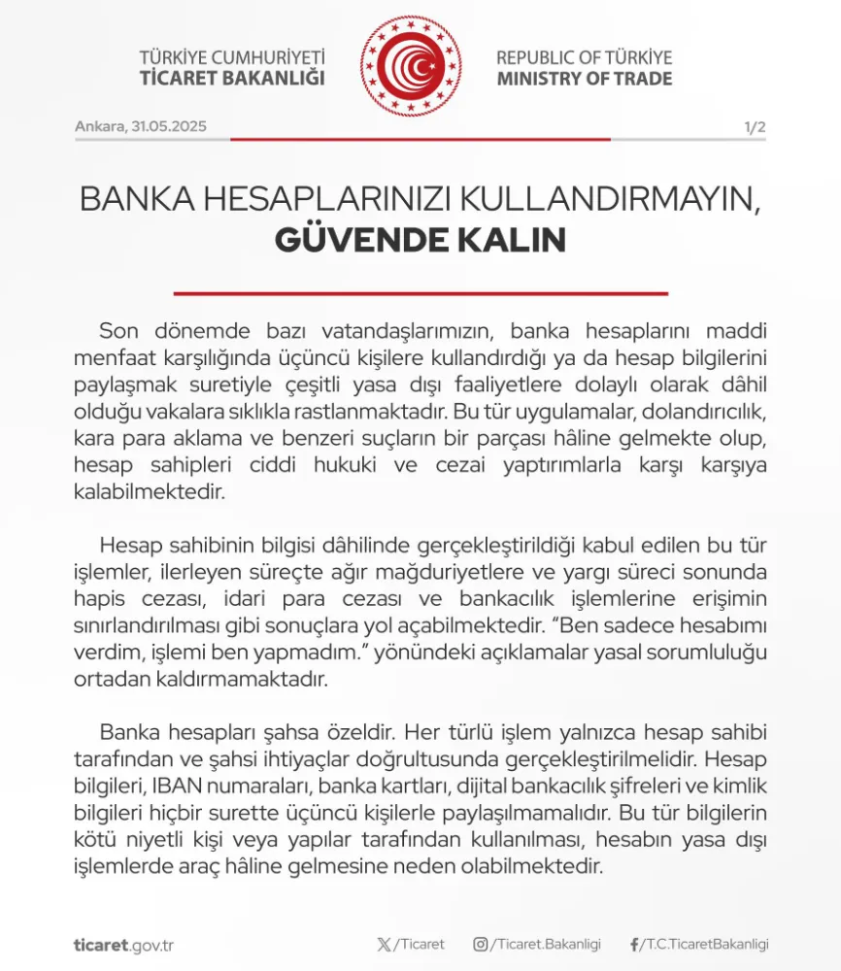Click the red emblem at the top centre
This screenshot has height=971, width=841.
(x=411, y=66)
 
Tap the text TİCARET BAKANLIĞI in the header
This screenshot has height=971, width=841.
(x=232, y=79)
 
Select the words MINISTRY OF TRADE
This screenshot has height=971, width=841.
(x=584, y=79)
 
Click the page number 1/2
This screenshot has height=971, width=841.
(x=755, y=127)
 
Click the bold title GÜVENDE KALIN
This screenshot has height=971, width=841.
(x=420, y=239)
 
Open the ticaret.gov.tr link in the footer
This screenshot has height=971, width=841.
(x=123, y=945)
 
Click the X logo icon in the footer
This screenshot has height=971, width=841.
(x=383, y=944)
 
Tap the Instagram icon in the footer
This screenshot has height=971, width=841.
(x=480, y=944)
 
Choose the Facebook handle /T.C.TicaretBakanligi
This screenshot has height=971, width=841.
(x=704, y=944)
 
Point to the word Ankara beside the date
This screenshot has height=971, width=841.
(x=98, y=127)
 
